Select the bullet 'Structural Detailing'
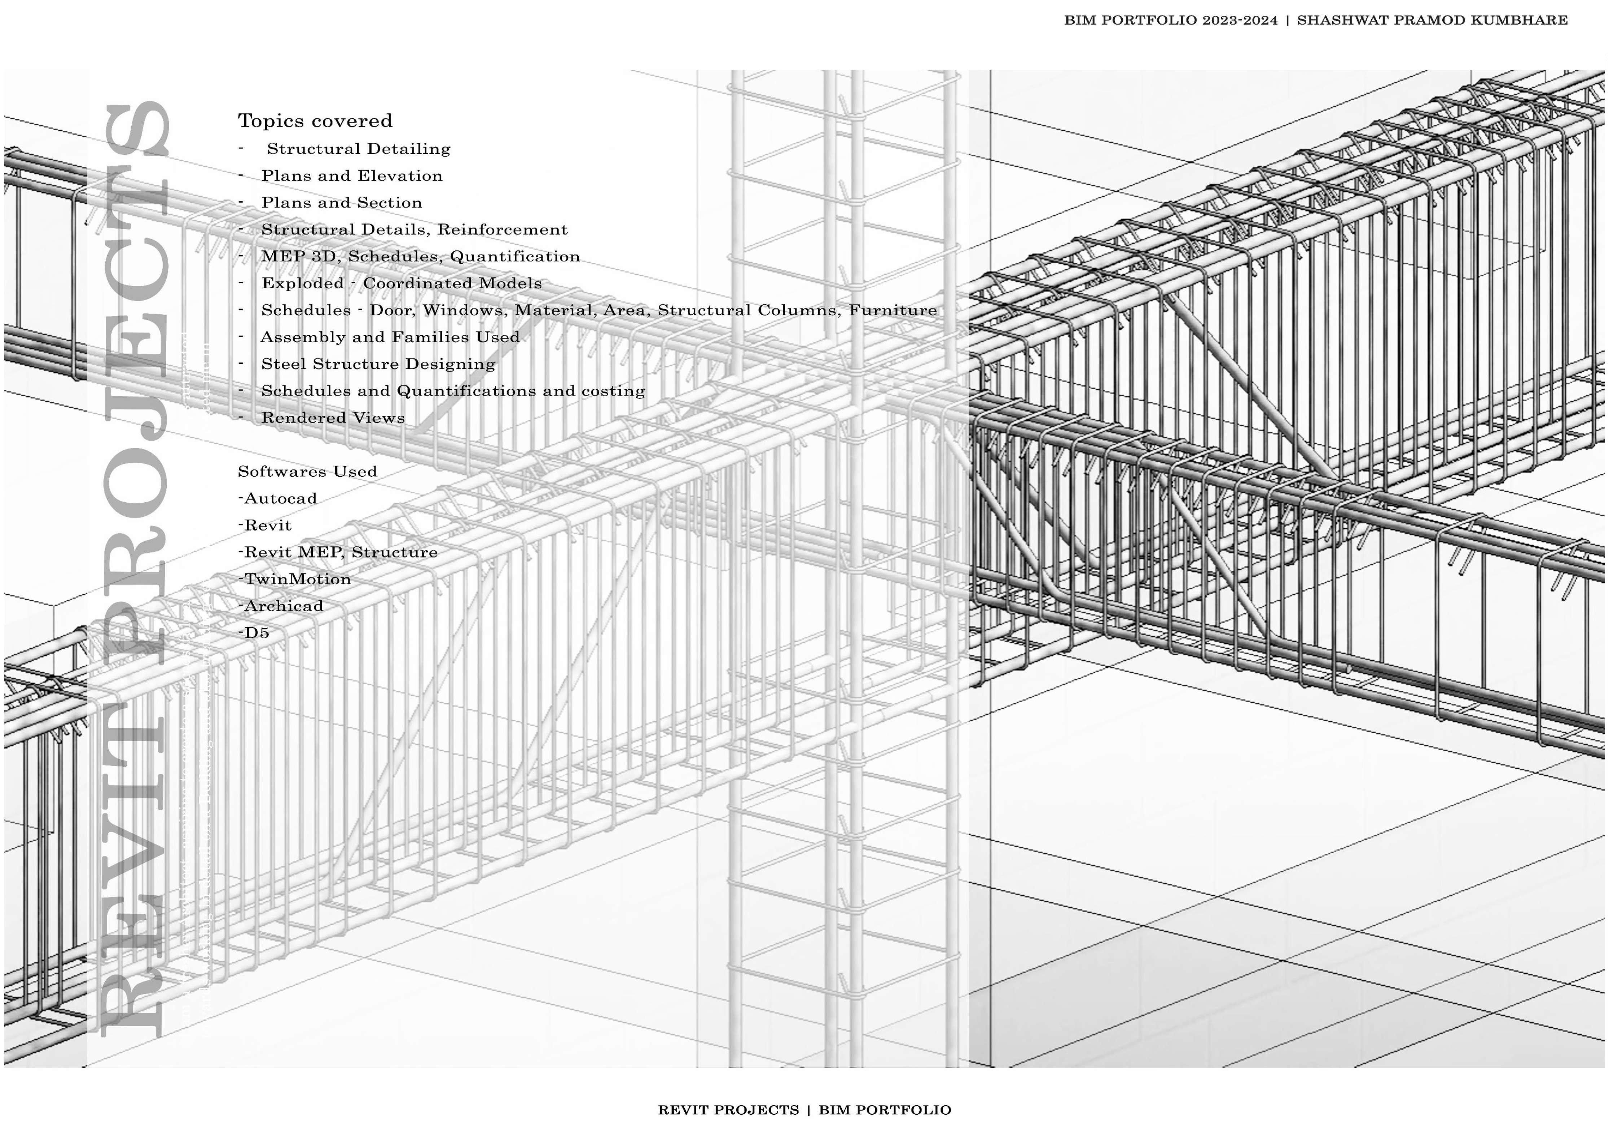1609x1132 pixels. tap(358, 149)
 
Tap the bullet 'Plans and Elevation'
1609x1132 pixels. tap(352, 176)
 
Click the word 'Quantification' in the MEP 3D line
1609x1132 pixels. tap(515, 257)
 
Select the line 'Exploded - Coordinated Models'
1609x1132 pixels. tap(402, 283)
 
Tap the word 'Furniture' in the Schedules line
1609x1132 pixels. tap(893, 310)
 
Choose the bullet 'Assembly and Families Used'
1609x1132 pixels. tap(390, 337)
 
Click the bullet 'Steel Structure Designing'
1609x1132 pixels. tap(378, 364)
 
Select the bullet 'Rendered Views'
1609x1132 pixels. tap(333, 418)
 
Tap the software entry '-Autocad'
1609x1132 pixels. tap(277, 498)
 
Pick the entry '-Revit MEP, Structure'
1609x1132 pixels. tap(338, 552)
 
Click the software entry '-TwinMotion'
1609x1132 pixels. tap(294, 579)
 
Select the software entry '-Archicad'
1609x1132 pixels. tap(280, 606)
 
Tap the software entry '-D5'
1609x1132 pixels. tap(254, 633)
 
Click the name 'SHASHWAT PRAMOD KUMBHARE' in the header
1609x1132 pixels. tap(1432, 20)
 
